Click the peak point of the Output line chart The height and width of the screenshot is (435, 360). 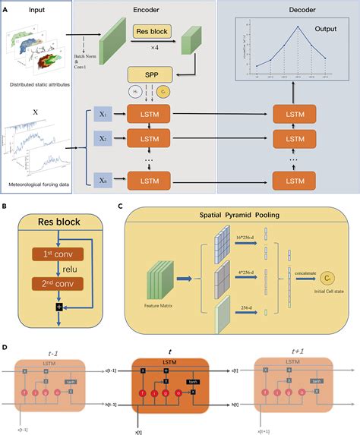(298, 27)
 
